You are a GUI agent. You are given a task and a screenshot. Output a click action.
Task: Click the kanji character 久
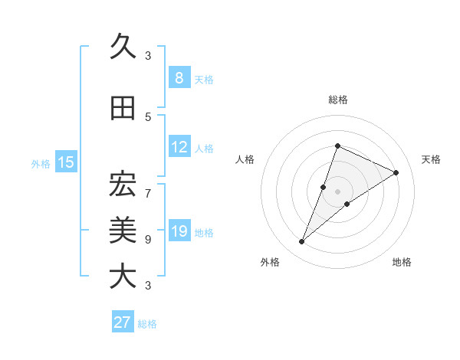point(123,47)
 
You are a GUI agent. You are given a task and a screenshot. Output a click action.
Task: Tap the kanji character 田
point(123,110)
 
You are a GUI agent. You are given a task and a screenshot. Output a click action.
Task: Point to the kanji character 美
point(123,229)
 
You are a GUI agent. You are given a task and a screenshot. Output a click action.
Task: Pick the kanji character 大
point(123,276)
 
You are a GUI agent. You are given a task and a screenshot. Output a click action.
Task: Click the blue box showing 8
point(179,77)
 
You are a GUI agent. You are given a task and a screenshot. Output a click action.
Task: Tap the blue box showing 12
point(179,147)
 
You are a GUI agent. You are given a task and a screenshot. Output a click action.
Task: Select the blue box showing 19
point(179,231)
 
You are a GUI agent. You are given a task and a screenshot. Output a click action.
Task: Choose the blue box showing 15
point(66,162)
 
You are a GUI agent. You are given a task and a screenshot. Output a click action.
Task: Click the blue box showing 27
point(123,322)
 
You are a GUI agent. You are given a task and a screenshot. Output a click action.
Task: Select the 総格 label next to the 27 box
point(147,324)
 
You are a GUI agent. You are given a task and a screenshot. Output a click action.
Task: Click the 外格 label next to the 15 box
point(41,163)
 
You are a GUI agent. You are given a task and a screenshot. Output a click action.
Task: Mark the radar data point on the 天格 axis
point(396,173)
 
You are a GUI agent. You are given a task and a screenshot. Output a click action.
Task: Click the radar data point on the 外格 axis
point(302,242)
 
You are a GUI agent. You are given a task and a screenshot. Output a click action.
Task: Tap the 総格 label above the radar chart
point(337,100)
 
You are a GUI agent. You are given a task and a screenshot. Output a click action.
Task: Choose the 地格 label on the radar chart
point(402,262)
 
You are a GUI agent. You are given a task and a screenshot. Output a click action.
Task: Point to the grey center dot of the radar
point(337,191)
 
